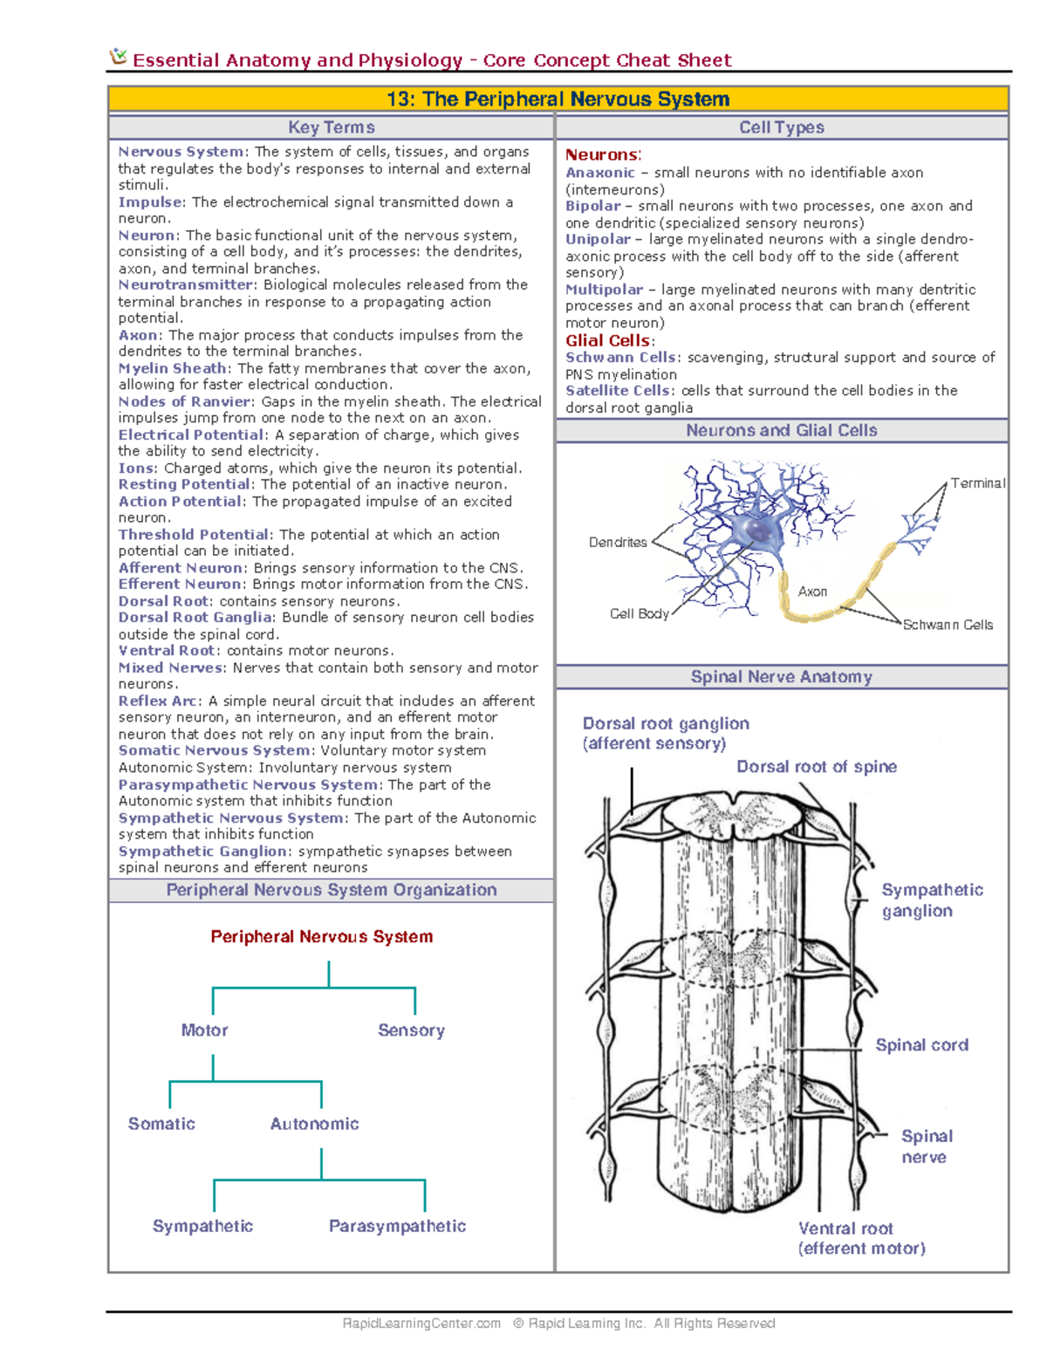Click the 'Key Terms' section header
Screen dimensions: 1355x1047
331,127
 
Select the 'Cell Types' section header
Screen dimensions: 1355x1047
781,127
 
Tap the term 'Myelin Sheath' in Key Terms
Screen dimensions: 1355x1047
173,368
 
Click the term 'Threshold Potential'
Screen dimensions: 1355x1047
194,534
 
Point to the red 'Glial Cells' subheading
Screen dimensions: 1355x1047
608,340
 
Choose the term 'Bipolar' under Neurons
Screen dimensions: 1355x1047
592,206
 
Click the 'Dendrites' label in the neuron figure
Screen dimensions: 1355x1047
618,542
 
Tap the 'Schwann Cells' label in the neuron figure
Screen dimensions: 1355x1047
948,625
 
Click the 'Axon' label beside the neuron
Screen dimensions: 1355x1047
812,592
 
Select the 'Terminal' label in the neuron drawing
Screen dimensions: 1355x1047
977,483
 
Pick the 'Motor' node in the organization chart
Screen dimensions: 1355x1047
204,1030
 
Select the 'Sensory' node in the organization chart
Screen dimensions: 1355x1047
411,1030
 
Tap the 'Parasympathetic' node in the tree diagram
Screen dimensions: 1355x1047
397,1226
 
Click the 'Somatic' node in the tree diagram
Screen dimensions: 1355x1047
161,1124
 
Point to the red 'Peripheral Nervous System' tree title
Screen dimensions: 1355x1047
321,936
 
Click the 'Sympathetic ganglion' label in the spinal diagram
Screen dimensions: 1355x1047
931,900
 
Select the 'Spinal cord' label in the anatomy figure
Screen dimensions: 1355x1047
921,1045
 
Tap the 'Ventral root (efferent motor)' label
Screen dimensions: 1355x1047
861,1238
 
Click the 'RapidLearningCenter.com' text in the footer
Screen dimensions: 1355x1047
421,1324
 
